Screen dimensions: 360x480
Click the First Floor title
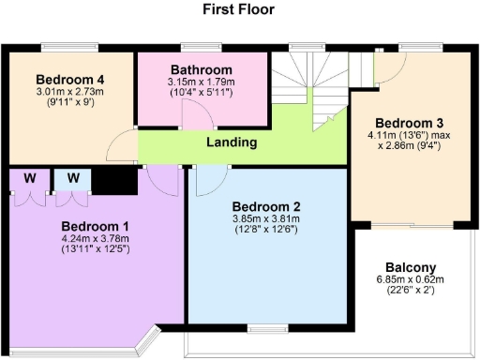(x=240, y=9)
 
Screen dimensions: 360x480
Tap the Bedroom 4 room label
(x=68, y=78)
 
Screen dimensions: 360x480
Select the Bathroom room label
(x=201, y=69)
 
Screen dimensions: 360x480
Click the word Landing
(x=232, y=142)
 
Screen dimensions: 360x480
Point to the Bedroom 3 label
(x=409, y=123)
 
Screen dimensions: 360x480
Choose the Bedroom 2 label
(x=265, y=207)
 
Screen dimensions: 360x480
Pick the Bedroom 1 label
(x=95, y=226)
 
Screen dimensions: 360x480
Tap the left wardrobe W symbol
(x=31, y=176)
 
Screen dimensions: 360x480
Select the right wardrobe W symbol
(x=72, y=176)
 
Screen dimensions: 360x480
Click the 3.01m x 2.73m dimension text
(x=69, y=92)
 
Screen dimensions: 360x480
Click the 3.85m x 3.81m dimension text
(x=265, y=218)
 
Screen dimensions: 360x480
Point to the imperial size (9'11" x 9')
(x=69, y=103)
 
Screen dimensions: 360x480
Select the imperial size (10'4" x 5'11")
(x=201, y=93)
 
